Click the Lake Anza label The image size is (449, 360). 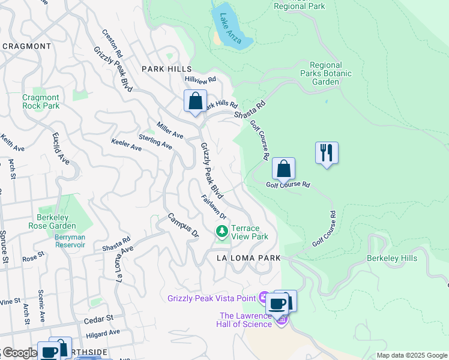pyautogui.click(x=229, y=28)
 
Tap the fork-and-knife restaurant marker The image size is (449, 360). pyautogui.click(x=327, y=153)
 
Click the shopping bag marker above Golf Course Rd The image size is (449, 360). pyautogui.click(x=283, y=169)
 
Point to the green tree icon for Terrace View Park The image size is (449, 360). pyautogui.click(x=222, y=231)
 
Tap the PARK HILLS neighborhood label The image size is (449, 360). pyautogui.click(x=166, y=70)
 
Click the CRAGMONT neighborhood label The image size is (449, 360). pyautogui.click(x=26, y=46)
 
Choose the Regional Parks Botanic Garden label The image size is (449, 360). pyautogui.click(x=326, y=73)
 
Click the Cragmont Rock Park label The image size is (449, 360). pyautogui.click(x=41, y=101)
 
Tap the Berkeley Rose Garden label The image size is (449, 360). pyautogui.click(x=52, y=221)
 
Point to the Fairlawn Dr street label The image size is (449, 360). pyautogui.click(x=214, y=207)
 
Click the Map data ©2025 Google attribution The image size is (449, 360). pyautogui.click(x=411, y=355)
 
